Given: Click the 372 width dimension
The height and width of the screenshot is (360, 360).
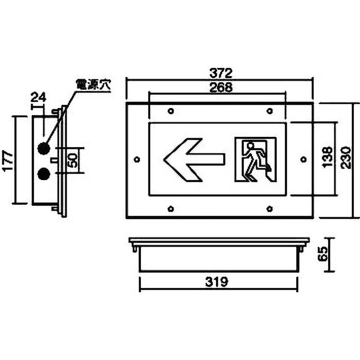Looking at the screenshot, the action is pyautogui.click(x=220, y=73).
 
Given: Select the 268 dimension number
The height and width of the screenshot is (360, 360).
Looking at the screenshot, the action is pyautogui.click(x=220, y=87).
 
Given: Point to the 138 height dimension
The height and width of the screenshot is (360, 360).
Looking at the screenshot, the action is pyautogui.click(x=328, y=157).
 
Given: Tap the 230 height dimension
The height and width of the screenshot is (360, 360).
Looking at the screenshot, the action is pyautogui.click(x=346, y=158).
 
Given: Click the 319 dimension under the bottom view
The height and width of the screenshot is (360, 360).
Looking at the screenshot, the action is pyautogui.click(x=217, y=282).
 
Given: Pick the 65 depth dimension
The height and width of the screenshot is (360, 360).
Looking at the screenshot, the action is pyautogui.click(x=323, y=254).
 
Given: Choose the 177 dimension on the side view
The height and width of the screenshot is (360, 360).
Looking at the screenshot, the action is pyautogui.click(x=8, y=161).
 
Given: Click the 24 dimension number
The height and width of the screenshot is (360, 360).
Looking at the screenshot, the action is pyautogui.click(x=38, y=97).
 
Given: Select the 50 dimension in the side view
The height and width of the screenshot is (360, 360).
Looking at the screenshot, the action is pyautogui.click(x=72, y=160).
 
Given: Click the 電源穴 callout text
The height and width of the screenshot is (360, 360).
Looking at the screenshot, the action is pyautogui.click(x=94, y=85).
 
